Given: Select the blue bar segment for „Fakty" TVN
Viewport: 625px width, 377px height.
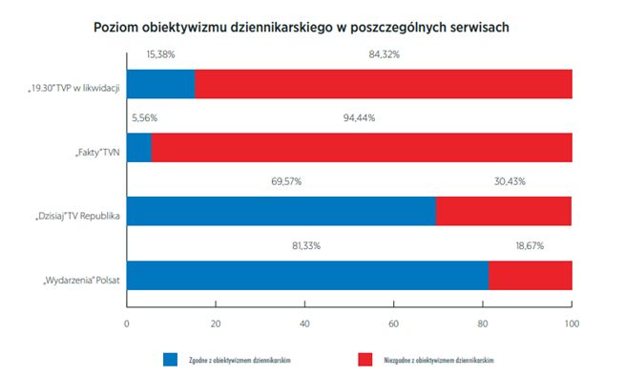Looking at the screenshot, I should [x=138, y=147].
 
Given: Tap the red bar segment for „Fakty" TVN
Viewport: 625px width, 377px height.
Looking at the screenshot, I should [x=362, y=147].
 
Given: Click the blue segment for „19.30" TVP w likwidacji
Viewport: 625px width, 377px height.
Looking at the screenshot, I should [x=160, y=84].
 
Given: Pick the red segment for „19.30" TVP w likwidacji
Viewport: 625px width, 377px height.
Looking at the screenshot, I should [x=384, y=84].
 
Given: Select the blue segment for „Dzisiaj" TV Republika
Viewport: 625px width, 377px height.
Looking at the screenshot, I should [x=281, y=211].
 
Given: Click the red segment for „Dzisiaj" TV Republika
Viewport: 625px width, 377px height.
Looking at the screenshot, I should [x=504, y=211].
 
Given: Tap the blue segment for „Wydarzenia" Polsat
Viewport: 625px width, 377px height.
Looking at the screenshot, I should [x=307, y=274].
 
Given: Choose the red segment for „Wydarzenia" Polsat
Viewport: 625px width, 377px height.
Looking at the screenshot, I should [x=531, y=274].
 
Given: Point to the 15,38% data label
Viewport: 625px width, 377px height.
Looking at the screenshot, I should [x=160, y=55].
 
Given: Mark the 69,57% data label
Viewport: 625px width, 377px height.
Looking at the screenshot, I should [x=281, y=182].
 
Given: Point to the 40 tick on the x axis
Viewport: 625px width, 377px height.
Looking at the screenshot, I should [x=304, y=322].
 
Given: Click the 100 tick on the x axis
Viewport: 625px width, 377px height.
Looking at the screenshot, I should [x=572, y=322].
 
